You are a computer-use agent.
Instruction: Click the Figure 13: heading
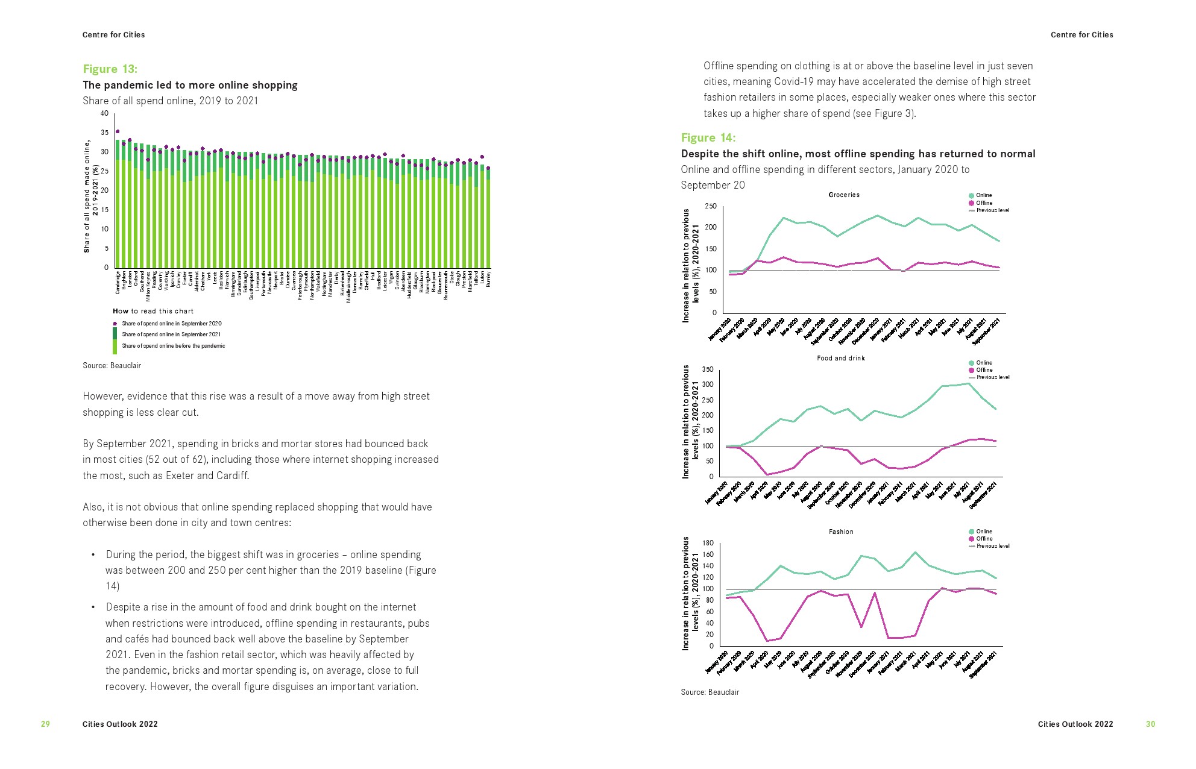(110, 69)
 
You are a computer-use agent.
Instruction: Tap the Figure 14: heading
(708, 137)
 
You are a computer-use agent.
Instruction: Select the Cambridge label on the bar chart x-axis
(118, 283)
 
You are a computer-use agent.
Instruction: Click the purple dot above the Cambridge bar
(118, 131)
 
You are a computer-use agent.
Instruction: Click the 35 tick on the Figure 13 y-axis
(105, 133)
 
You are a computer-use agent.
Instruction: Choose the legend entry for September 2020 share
(171, 324)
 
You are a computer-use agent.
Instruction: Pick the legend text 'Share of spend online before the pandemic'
(173, 346)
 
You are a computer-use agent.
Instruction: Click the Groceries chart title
(843, 195)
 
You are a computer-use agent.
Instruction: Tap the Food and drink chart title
(840, 358)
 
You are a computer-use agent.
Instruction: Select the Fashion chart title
(840, 532)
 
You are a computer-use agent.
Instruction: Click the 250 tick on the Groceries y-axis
(711, 206)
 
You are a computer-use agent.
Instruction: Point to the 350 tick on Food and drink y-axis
(707, 369)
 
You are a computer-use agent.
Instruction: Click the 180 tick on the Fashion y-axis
(708, 543)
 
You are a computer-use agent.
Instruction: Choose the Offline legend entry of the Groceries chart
(984, 203)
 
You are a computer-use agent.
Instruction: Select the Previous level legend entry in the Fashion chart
(992, 546)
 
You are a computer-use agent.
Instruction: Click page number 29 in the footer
(45, 724)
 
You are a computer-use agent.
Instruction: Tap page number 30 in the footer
(1150, 724)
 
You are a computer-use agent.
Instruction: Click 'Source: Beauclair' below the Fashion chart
(710, 692)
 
